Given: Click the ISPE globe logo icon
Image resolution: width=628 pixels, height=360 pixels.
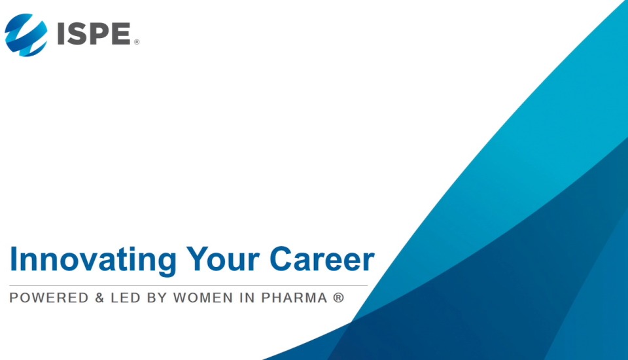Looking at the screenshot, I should click(26, 35).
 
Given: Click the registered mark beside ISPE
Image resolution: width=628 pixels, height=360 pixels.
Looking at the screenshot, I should click(137, 43).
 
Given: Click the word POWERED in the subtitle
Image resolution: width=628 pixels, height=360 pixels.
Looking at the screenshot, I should click(49, 298).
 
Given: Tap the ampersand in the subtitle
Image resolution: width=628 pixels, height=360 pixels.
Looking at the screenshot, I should click(99, 298).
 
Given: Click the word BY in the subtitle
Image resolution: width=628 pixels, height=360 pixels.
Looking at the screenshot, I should click(158, 298).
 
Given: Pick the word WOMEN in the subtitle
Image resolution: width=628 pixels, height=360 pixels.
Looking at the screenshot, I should click(204, 298).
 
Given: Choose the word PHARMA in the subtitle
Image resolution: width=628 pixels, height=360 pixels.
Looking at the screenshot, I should click(294, 298).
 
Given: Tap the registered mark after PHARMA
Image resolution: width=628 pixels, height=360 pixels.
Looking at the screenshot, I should click(338, 298).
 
